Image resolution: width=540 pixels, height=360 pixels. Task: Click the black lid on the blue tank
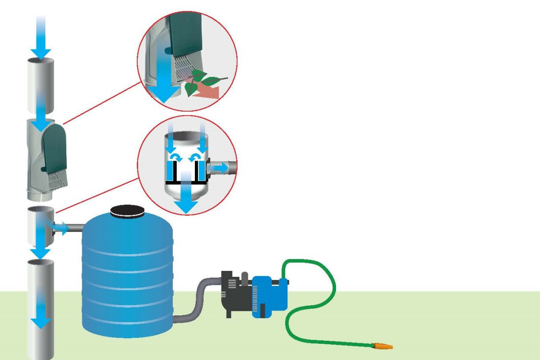tap(127, 211)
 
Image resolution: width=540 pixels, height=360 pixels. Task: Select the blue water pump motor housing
tap(269, 295)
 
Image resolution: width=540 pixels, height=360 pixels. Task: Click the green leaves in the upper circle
tap(205, 81)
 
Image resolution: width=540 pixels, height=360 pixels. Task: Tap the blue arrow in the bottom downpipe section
tap(42, 310)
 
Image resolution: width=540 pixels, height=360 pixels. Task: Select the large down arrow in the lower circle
tap(186, 198)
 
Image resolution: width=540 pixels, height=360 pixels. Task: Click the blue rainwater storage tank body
tap(127, 274)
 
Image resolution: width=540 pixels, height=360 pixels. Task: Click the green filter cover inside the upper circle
tap(189, 36)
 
